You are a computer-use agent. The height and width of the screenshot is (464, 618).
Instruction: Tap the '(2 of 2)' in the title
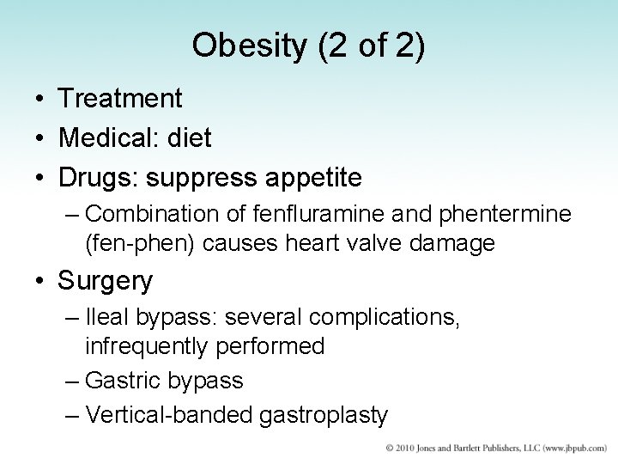tap(371, 46)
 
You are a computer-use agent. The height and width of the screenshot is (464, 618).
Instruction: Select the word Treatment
tap(120, 99)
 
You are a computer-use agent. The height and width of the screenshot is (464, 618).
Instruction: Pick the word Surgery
tap(106, 281)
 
